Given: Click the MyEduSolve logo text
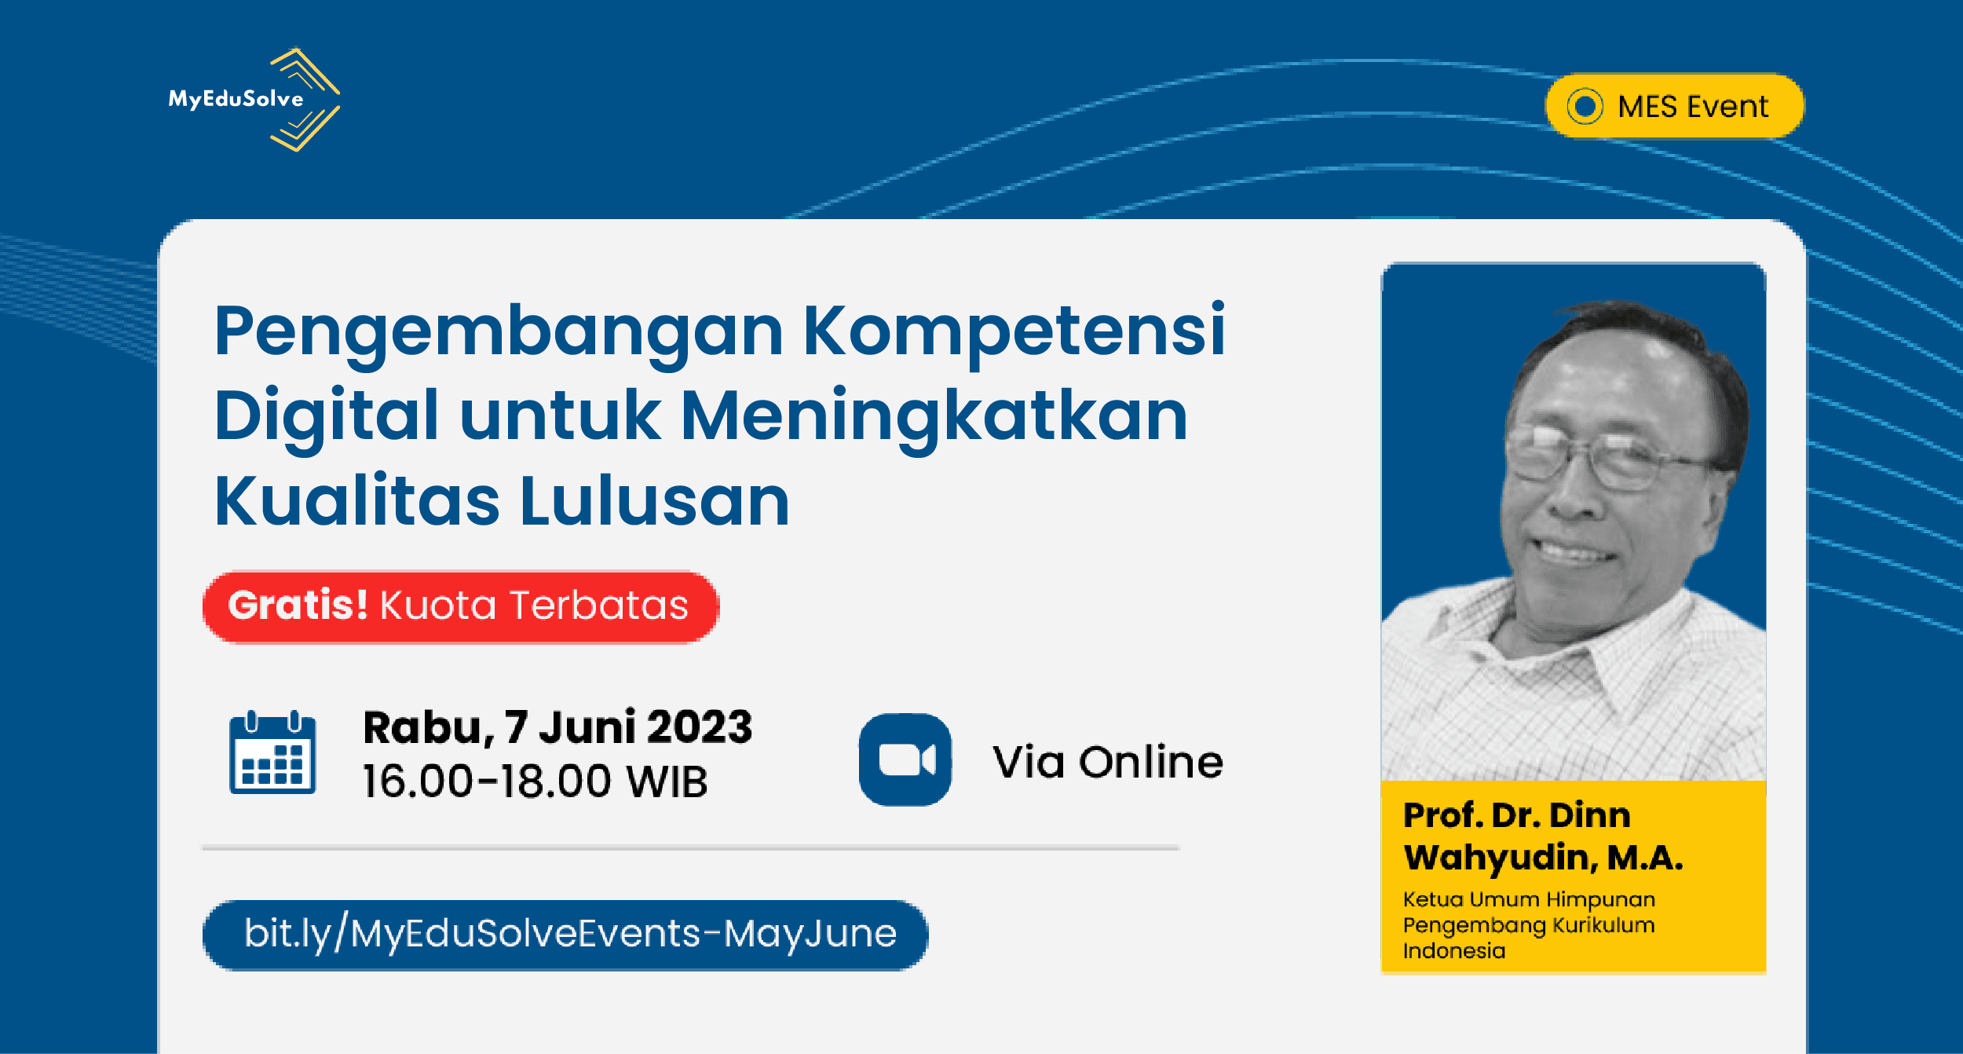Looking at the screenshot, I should (236, 100).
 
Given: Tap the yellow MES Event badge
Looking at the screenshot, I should (1674, 106).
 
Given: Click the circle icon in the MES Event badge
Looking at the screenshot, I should (1585, 106).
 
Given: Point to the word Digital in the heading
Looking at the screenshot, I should (326, 416).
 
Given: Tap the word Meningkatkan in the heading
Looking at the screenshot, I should (934, 416).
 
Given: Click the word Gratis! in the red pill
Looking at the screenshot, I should (298, 606).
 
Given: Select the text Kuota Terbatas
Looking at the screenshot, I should (534, 606).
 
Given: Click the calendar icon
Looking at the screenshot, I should (272, 754).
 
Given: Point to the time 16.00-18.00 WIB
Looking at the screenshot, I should (535, 781).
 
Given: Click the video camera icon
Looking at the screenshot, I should (905, 759).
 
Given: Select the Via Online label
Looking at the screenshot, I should (1107, 762).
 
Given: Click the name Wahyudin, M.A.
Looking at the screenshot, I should (1543, 858).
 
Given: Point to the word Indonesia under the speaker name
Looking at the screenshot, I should (1454, 951).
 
